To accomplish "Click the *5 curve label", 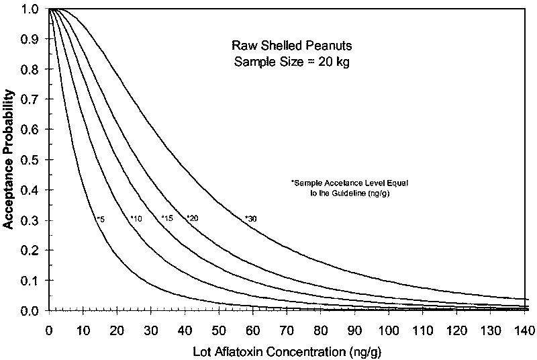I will coord(100,219).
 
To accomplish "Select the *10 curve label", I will coord(136,218).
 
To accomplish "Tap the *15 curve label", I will coord(168,218).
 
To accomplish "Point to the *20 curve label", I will coord(192,218).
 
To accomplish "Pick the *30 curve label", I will coord(250,218).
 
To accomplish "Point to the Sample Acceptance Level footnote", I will coord(340,188).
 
